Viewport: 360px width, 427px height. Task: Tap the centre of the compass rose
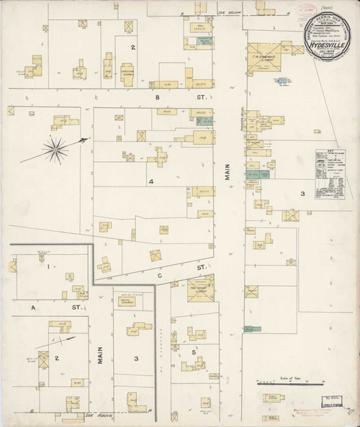pyautogui.click(x=53, y=150)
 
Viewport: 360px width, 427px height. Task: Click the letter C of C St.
pyautogui.click(x=160, y=274)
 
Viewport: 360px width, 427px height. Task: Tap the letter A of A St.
pyautogui.click(x=32, y=307)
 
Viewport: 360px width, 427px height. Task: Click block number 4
pyautogui.click(x=151, y=181)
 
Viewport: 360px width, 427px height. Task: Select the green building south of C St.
pyautogui.click(x=252, y=329)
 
